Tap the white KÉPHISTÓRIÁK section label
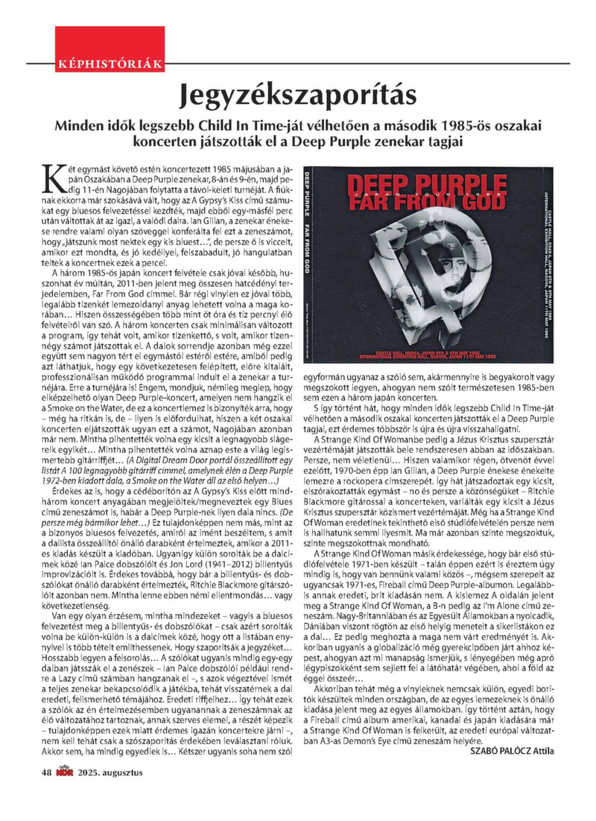[110, 66]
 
